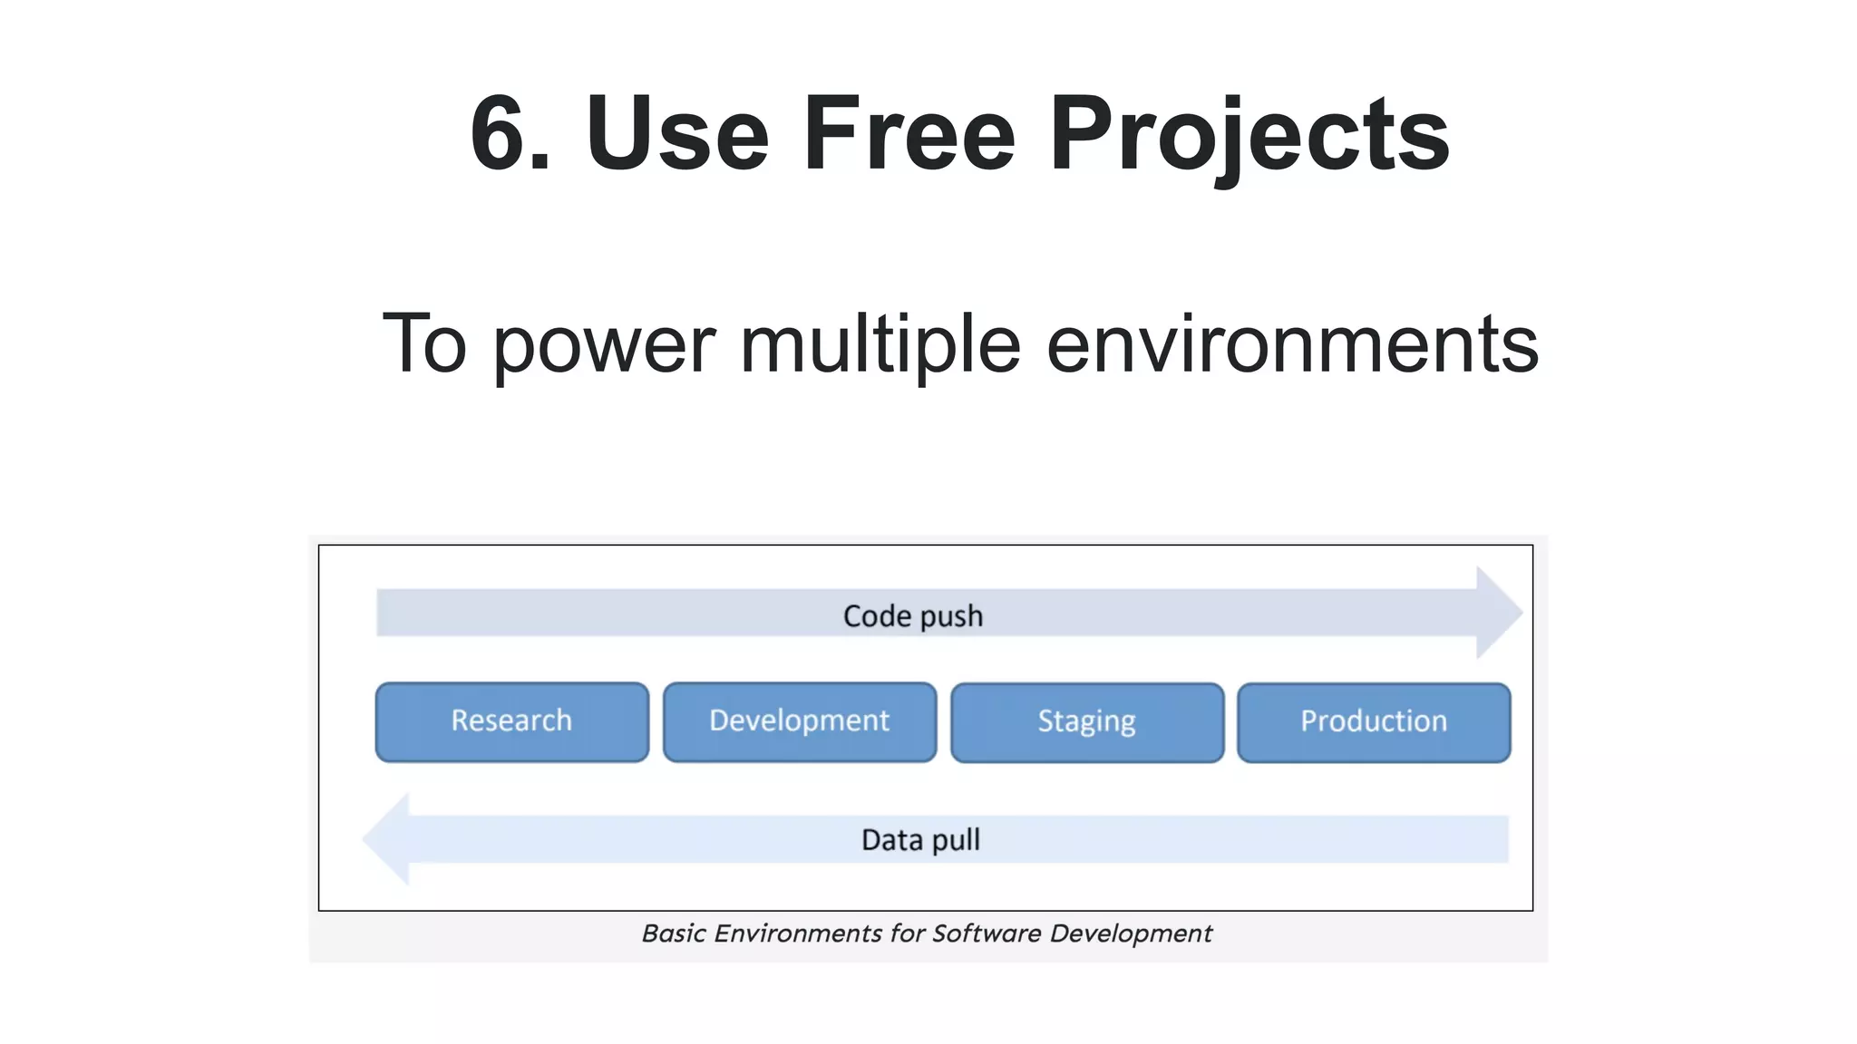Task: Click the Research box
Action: (511, 721)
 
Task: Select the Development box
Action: (799, 721)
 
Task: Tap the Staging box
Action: (1086, 722)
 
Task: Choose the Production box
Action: (1373, 722)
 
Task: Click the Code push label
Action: (912, 616)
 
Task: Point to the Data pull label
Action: (919, 840)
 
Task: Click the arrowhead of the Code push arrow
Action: (1497, 613)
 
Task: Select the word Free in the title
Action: (909, 134)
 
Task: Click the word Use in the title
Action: (677, 134)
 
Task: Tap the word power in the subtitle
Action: (605, 345)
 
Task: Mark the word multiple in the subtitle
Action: (880, 345)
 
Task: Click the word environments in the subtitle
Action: (1292, 345)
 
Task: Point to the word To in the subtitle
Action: (423, 343)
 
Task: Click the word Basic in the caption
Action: (673, 933)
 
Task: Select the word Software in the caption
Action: (987, 933)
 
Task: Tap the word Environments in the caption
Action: (798, 933)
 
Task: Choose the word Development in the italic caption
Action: (1131, 933)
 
